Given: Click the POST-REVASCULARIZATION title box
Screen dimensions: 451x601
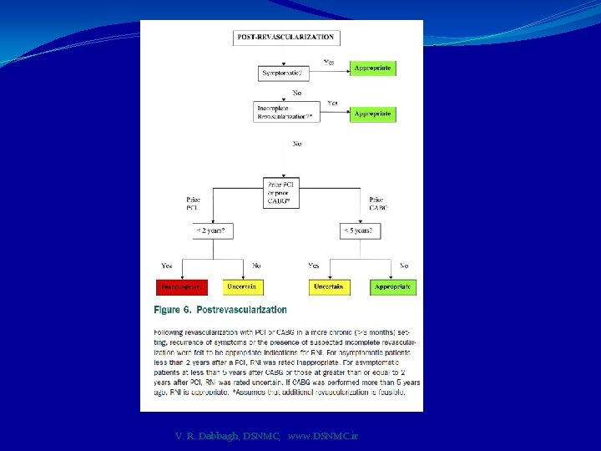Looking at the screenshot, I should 286,38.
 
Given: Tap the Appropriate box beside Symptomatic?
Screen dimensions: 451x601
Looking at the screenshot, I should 372,68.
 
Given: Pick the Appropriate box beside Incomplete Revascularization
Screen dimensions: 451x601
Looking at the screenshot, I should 372,114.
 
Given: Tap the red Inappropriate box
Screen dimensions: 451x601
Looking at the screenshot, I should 182,286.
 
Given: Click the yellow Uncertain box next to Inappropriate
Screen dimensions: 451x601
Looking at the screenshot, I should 243,286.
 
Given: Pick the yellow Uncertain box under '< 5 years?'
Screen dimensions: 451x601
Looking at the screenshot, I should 329,286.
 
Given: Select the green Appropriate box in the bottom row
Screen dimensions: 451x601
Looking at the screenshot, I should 392,286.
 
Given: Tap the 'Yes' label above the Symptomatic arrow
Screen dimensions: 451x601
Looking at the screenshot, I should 329,62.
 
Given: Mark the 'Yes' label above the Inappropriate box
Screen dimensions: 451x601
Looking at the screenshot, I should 167,266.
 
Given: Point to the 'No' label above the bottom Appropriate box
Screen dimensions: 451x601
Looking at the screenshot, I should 404,266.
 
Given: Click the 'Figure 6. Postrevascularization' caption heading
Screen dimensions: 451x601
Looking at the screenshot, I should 220,310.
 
